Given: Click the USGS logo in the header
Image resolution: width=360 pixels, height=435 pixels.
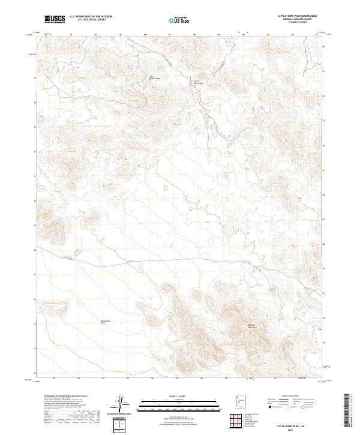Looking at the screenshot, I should point(55,19).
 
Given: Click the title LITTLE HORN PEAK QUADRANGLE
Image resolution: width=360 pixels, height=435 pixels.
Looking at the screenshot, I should point(298,14).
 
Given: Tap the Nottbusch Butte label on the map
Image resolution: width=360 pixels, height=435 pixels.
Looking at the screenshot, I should point(106,321).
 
